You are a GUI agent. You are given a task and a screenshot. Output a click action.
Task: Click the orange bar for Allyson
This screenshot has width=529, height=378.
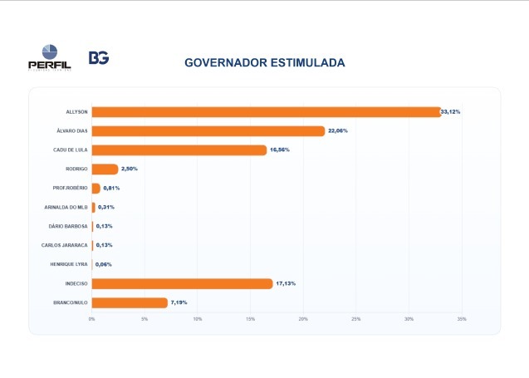point(267,112)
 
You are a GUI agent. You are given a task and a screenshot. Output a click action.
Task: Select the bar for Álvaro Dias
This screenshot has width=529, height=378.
point(208,131)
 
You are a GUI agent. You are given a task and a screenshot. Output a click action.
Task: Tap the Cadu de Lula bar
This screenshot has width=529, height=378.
point(179,150)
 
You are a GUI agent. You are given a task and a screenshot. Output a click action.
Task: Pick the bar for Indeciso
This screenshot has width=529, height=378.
point(182,284)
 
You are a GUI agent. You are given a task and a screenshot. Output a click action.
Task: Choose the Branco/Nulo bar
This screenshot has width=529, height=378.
point(130,302)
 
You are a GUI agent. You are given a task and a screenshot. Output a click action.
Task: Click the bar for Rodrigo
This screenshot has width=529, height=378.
point(105,169)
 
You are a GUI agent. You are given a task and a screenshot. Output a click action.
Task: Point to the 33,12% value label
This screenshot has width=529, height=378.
point(450,111)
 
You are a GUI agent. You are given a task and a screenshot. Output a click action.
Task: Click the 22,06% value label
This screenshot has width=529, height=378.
point(338,130)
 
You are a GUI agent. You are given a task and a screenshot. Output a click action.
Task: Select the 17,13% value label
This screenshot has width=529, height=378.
point(286,283)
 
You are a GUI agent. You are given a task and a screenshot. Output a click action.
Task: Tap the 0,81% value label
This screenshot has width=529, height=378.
point(111,188)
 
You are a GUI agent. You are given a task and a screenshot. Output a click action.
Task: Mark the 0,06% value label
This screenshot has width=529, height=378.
point(104,264)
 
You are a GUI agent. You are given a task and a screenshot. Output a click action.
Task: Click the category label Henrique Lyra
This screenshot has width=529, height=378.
point(69,264)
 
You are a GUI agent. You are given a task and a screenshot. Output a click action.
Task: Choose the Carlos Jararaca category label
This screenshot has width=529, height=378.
point(65,245)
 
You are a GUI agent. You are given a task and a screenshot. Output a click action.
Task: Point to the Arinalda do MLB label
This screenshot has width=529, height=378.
point(66,207)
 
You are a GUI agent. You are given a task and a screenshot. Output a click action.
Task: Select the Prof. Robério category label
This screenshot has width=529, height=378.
point(70,188)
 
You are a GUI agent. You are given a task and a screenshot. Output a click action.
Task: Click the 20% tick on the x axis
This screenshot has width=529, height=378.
point(303,319)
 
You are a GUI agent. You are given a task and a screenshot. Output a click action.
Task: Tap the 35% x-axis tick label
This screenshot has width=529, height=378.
point(462,319)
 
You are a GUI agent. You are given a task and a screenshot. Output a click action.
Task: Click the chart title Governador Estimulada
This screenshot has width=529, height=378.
point(265,63)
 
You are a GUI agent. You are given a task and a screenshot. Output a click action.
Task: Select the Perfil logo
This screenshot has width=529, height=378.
point(50,57)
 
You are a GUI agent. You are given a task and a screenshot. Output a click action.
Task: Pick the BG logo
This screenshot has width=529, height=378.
point(99,57)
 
